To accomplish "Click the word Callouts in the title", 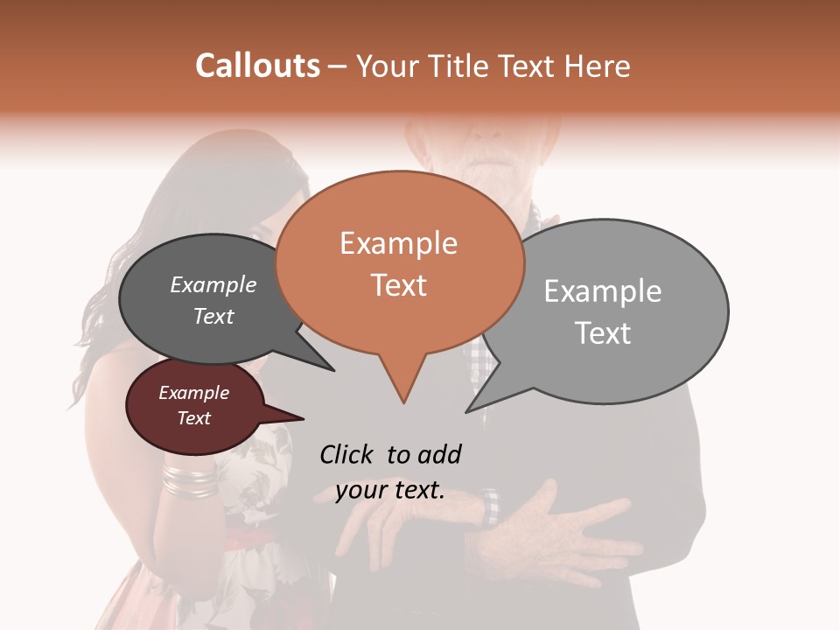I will point(257,66).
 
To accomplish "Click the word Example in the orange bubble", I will point(398,243).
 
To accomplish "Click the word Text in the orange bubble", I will point(398,285).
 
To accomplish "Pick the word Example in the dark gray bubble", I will point(213,284).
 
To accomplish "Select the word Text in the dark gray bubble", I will point(213,316).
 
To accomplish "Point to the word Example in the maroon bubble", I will point(193,393).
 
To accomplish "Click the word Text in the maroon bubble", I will point(193,418).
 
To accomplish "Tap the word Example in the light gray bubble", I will point(603,291).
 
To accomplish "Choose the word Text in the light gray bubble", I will point(603,333).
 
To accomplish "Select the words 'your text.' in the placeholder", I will point(390,491).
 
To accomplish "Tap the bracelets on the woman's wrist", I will point(188,479).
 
